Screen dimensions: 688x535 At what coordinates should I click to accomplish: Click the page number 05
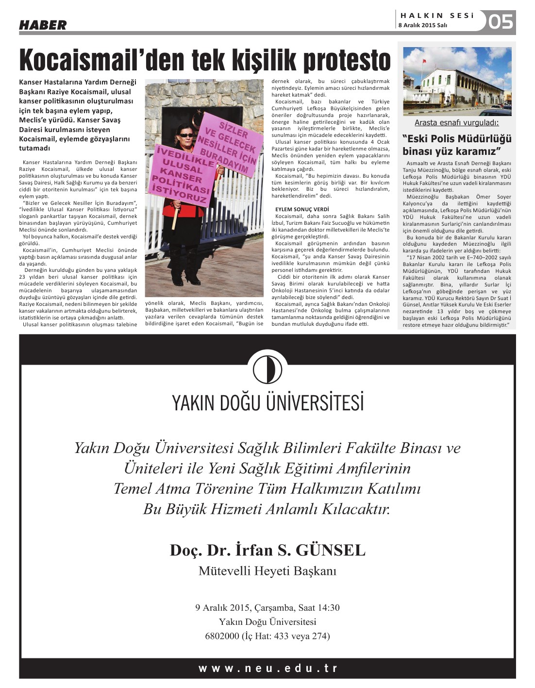click(x=501, y=22)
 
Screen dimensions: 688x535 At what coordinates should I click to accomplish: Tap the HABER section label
click(x=43, y=25)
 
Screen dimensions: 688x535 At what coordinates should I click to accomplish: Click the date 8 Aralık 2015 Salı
click(x=422, y=25)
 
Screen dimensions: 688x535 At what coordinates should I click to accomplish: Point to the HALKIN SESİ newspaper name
click(x=437, y=16)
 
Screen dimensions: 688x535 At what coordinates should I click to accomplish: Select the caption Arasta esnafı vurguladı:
click(x=456, y=123)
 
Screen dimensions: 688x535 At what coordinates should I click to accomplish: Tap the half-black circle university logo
click(x=267, y=369)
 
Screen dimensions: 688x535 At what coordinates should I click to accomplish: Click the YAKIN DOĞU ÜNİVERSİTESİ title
click(x=267, y=403)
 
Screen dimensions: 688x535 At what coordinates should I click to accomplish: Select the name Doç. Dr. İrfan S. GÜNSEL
click(x=267, y=550)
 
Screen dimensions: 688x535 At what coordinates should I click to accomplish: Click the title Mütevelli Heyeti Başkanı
click(x=267, y=571)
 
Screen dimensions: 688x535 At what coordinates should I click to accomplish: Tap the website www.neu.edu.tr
click(x=267, y=668)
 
